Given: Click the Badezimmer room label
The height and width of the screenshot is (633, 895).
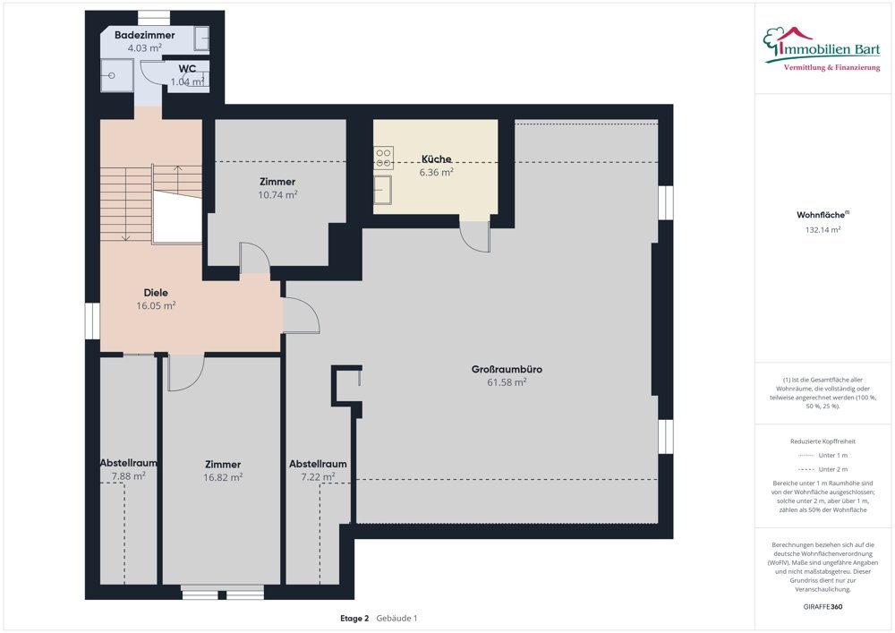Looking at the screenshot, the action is (144, 35).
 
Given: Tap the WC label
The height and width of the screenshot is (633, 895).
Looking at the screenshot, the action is (187, 69).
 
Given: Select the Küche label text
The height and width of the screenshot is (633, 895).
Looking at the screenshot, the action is (437, 158).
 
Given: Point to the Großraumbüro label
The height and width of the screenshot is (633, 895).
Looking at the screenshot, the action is (507, 369).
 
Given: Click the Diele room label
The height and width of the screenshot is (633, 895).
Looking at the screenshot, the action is (156, 293).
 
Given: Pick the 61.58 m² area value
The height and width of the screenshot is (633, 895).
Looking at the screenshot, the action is (507, 382).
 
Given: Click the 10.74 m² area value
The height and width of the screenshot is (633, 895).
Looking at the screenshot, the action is (277, 194).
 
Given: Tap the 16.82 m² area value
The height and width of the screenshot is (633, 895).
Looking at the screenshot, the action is (223, 477).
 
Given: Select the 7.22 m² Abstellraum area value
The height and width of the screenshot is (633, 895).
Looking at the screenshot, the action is (318, 476).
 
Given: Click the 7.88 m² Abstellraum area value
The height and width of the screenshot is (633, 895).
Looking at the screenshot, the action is (128, 476).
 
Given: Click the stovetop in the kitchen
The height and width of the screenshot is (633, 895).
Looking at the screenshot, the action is (384, 158).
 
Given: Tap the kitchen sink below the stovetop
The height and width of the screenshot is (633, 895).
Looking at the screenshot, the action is (383, 190).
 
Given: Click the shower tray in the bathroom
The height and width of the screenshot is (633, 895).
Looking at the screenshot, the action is (117, 75).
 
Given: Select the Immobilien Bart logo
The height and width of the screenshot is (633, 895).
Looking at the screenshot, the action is (822, 49).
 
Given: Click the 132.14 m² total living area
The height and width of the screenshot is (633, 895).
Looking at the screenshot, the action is (823, 230).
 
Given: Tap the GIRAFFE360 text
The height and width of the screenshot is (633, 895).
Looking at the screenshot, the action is (823, 607).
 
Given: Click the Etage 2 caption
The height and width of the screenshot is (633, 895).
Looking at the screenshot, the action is (354, 618).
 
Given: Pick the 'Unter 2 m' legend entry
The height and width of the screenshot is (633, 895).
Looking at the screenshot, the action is (823, 469).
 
